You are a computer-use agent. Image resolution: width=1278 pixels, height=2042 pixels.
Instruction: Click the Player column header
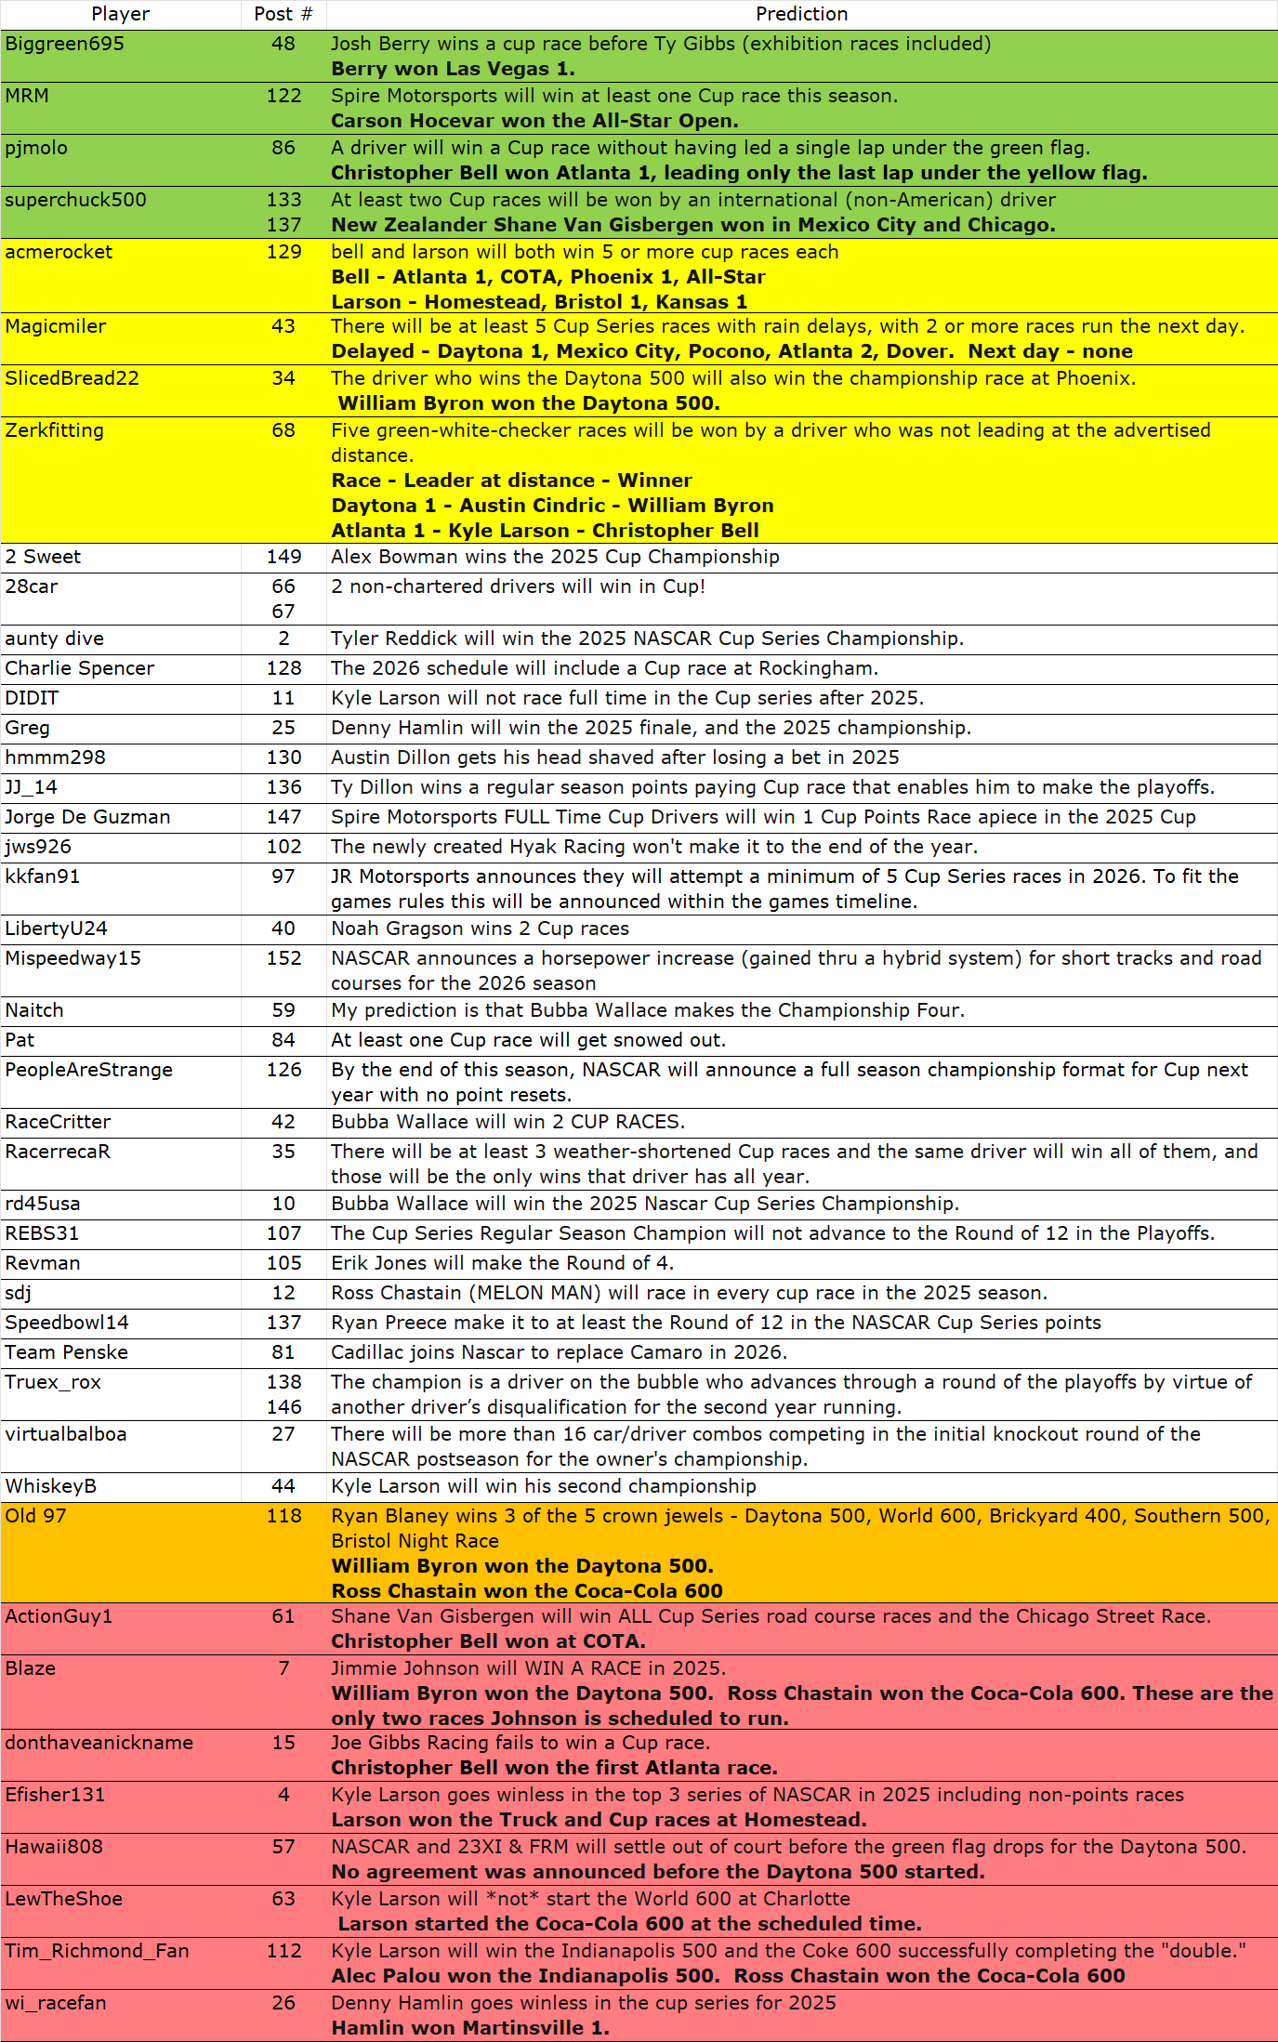coord(121,14)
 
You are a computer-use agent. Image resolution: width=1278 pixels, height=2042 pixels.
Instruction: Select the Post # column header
coord(283,14)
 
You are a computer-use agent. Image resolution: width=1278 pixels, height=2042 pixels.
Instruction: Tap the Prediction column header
coord(801,14)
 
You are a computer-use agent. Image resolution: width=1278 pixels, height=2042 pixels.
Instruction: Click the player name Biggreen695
coord(65,44)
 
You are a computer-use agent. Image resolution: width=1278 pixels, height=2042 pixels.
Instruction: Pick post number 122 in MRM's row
coord(283,96)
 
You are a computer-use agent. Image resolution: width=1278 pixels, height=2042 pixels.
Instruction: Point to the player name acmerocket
coord(59,252)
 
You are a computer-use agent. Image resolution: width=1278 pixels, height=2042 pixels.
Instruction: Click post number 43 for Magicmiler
coord(283,326)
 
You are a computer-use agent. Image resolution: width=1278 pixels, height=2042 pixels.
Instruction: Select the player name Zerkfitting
coord(55,430)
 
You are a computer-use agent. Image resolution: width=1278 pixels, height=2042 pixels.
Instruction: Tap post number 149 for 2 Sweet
coord(283,557)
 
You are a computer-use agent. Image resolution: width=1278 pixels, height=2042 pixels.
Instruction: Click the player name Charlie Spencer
coord(80,668)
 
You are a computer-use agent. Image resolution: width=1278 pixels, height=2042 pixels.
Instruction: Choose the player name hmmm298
coord(55,758)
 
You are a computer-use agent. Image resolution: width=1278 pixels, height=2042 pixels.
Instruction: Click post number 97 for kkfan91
coord(283,876)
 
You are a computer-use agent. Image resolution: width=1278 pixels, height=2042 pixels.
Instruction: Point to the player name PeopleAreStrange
coord(89,1070)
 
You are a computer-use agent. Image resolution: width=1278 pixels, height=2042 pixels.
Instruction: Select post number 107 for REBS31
coord(283,1233)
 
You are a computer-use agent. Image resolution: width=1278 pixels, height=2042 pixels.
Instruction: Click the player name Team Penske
coord(67,1352)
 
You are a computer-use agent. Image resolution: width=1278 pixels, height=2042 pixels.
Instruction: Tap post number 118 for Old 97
coord(283,1516)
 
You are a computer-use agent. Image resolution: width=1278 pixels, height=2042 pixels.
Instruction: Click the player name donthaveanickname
coord(99,1743)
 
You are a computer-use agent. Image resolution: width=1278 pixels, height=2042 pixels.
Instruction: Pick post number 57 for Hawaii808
coord(283,1847)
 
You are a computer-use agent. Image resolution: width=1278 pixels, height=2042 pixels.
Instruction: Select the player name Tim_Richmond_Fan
coord(98,1951)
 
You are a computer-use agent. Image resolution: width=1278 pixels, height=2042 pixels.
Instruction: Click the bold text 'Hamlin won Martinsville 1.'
coord(470,2028)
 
